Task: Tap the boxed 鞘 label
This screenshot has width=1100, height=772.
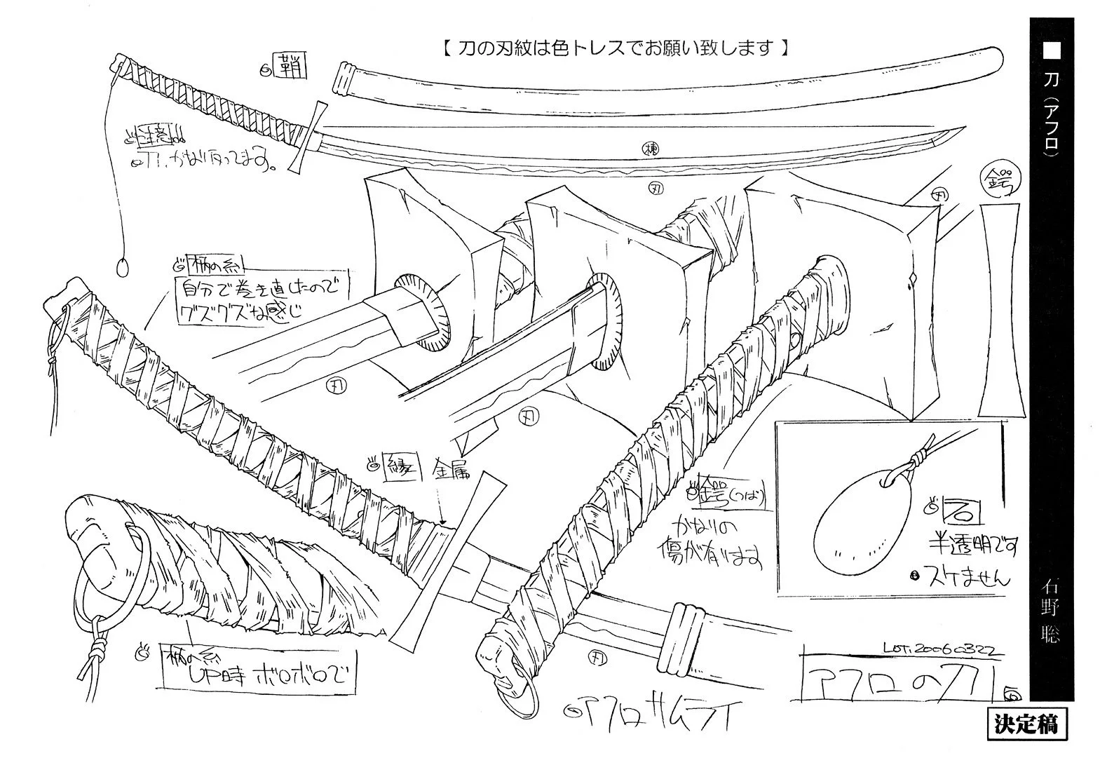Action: click(289, 67)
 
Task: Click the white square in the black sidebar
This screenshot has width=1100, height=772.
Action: click(1052, 50)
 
